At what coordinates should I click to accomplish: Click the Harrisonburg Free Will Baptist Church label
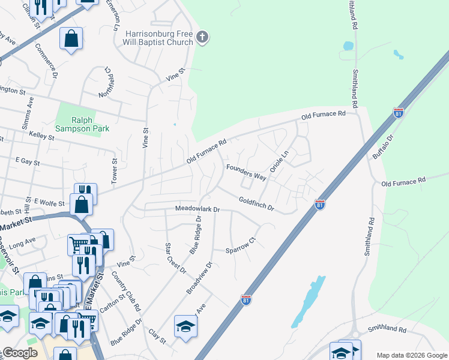click(x=160, y=38)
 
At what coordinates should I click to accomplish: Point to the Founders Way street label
click(x=246, y=173)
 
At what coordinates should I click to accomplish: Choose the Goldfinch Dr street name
click(x=256, y=204)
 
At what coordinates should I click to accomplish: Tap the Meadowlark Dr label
click(x=198, y=209)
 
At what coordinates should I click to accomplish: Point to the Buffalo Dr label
click(x=382, y=146)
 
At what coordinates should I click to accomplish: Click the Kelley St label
click(x=41, y=137)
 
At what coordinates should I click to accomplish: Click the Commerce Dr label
click(x=46, y=61)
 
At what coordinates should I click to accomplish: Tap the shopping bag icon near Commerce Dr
click(x=71, y=39)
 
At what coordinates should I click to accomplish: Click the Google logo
click(x=20, y=353)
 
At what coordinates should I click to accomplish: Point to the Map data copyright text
click(x=411, y=355)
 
